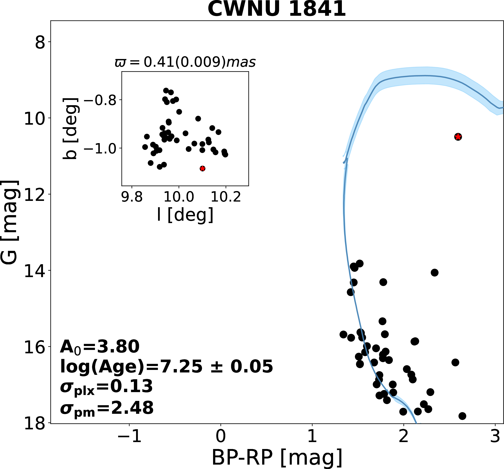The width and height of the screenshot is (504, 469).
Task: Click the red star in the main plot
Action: point(458,137)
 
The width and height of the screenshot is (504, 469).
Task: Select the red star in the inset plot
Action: point(202,169)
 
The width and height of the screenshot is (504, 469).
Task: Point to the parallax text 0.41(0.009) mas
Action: point(185,62)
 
